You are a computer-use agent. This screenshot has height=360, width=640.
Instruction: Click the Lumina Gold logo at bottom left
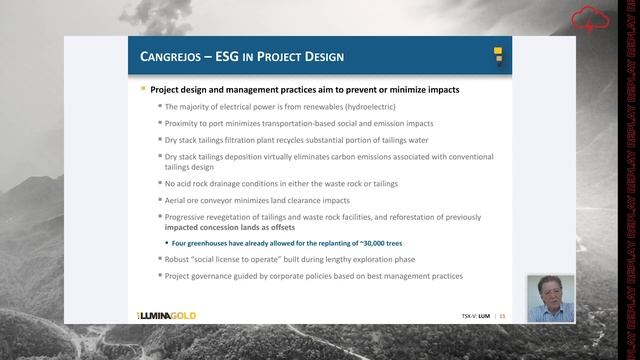[x=167, y=315]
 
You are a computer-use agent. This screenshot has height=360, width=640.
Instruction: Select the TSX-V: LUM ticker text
[x=475, y=315]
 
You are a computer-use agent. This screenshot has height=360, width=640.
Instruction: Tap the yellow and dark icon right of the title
[x=496, y=56]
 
